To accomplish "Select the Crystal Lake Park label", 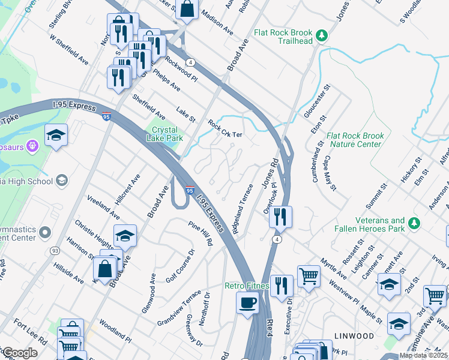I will (163, 134).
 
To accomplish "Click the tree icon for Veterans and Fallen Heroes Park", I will (413, 224).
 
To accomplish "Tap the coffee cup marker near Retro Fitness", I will (247, 302).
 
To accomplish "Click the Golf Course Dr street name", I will (181, 266).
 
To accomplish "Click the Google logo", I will (19, 353).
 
